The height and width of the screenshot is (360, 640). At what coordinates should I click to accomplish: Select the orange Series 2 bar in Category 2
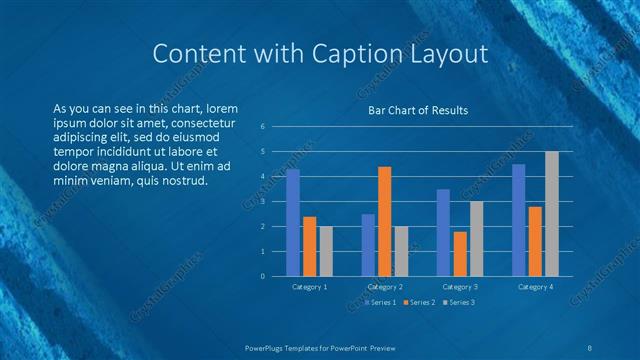pyautogui.click(x=385, y=221)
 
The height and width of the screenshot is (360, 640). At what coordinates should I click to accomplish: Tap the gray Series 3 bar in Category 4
pyautogui.click(x=552, y=214)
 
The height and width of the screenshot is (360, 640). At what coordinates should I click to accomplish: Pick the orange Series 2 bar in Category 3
pyautogui.click(x=460, y=254)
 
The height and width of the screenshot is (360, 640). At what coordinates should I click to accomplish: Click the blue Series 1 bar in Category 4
pyautogui.click(x=518, y=220)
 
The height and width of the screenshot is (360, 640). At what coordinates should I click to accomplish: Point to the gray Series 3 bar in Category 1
pyautogui.click(x=327, y=251)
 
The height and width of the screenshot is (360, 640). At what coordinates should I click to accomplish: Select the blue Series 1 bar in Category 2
pyautogui.click(x=368, y=245)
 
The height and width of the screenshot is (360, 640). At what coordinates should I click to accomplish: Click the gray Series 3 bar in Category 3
pyautogui.click(x=477, y=239)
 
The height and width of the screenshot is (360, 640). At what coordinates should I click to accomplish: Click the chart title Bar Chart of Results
pyautogui.click(x=418, y=110)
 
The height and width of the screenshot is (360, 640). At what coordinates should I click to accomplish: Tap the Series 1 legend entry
pyautogui.click(x=380, y=302)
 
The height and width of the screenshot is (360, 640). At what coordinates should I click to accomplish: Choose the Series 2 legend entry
pyautogui.click(x=419, y=302)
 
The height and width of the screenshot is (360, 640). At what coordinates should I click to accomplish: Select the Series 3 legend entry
pyautogui.click(x=458, y=302)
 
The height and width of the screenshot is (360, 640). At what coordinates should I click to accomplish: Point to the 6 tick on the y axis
pyautogui.click(x=261, y=127)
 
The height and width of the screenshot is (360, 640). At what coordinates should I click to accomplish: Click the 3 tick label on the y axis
pyautogui.click(x=261, y=202)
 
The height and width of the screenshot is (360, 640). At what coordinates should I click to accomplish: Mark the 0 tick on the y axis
pyautogui.click(x=261, y=277)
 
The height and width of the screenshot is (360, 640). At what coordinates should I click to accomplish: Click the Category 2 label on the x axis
pyautogui.click(x=385, y=287)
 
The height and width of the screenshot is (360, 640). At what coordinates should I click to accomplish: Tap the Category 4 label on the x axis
pyautogui.click(x=535, y=287)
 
